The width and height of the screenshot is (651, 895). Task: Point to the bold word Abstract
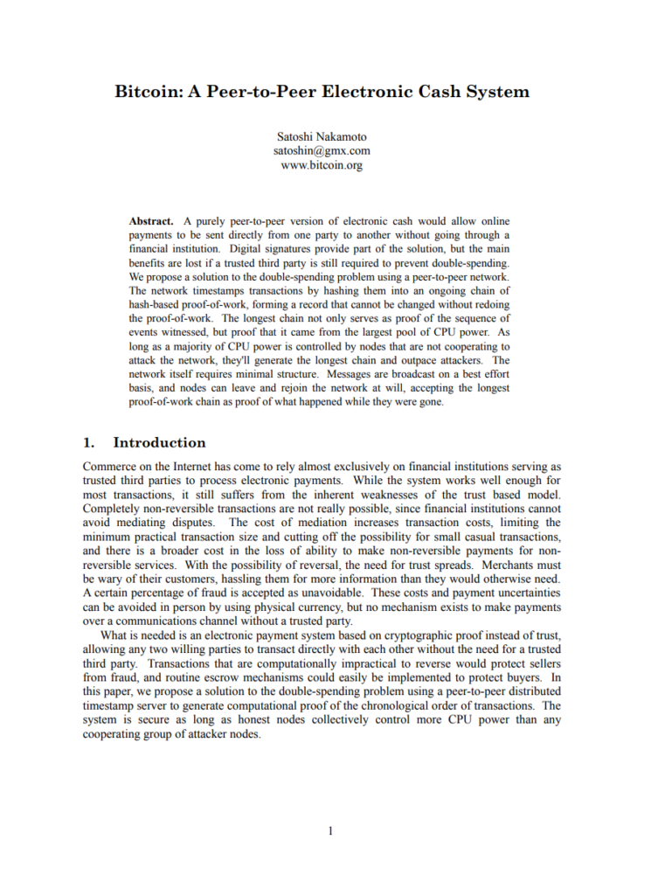tap(151, 221)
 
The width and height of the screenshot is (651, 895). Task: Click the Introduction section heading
tap(159, 442)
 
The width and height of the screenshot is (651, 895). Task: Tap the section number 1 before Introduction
tap(87, 442)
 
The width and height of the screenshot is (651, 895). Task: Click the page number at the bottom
tap(329, 830)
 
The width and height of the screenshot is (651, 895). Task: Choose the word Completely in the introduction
tap(114, 510)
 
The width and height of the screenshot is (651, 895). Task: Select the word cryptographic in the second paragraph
tap(373, 635)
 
